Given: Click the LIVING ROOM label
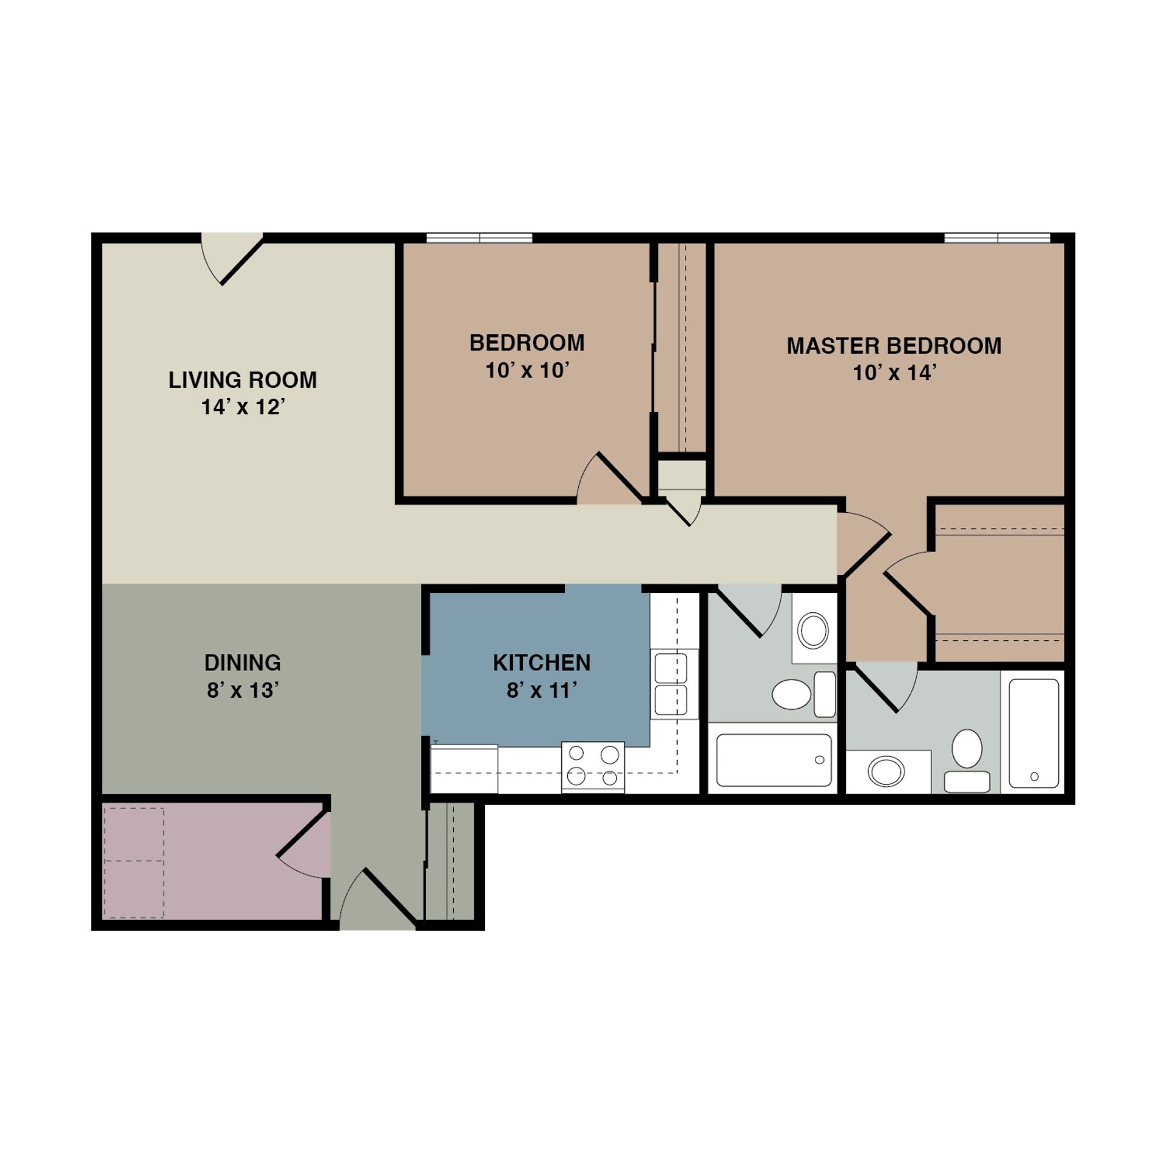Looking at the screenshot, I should [242, 380].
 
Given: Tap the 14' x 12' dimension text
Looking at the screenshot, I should [243, 407].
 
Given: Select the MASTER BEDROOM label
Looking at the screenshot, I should [894, 346].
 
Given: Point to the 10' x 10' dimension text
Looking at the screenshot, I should [527, 371].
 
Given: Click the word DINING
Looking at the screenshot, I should [242, 663].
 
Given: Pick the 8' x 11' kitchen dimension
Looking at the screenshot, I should [541, 691].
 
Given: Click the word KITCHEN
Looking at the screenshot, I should [541, 663].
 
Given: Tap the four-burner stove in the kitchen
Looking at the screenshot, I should [593, 766].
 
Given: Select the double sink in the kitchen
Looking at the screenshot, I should [674, 684].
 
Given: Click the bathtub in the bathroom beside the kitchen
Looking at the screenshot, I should [773, 760].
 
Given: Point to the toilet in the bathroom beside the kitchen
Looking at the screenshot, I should [801, 694].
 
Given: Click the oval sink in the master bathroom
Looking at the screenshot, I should [886, 772].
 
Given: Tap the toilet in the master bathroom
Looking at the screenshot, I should [967, 758].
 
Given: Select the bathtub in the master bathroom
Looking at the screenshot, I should [1034, 733].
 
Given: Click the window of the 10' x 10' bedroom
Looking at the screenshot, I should [479, 238].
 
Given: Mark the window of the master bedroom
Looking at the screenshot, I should [997, 238].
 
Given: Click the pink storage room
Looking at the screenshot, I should [212, 862].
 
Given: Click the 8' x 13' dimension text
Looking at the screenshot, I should [242, 691].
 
